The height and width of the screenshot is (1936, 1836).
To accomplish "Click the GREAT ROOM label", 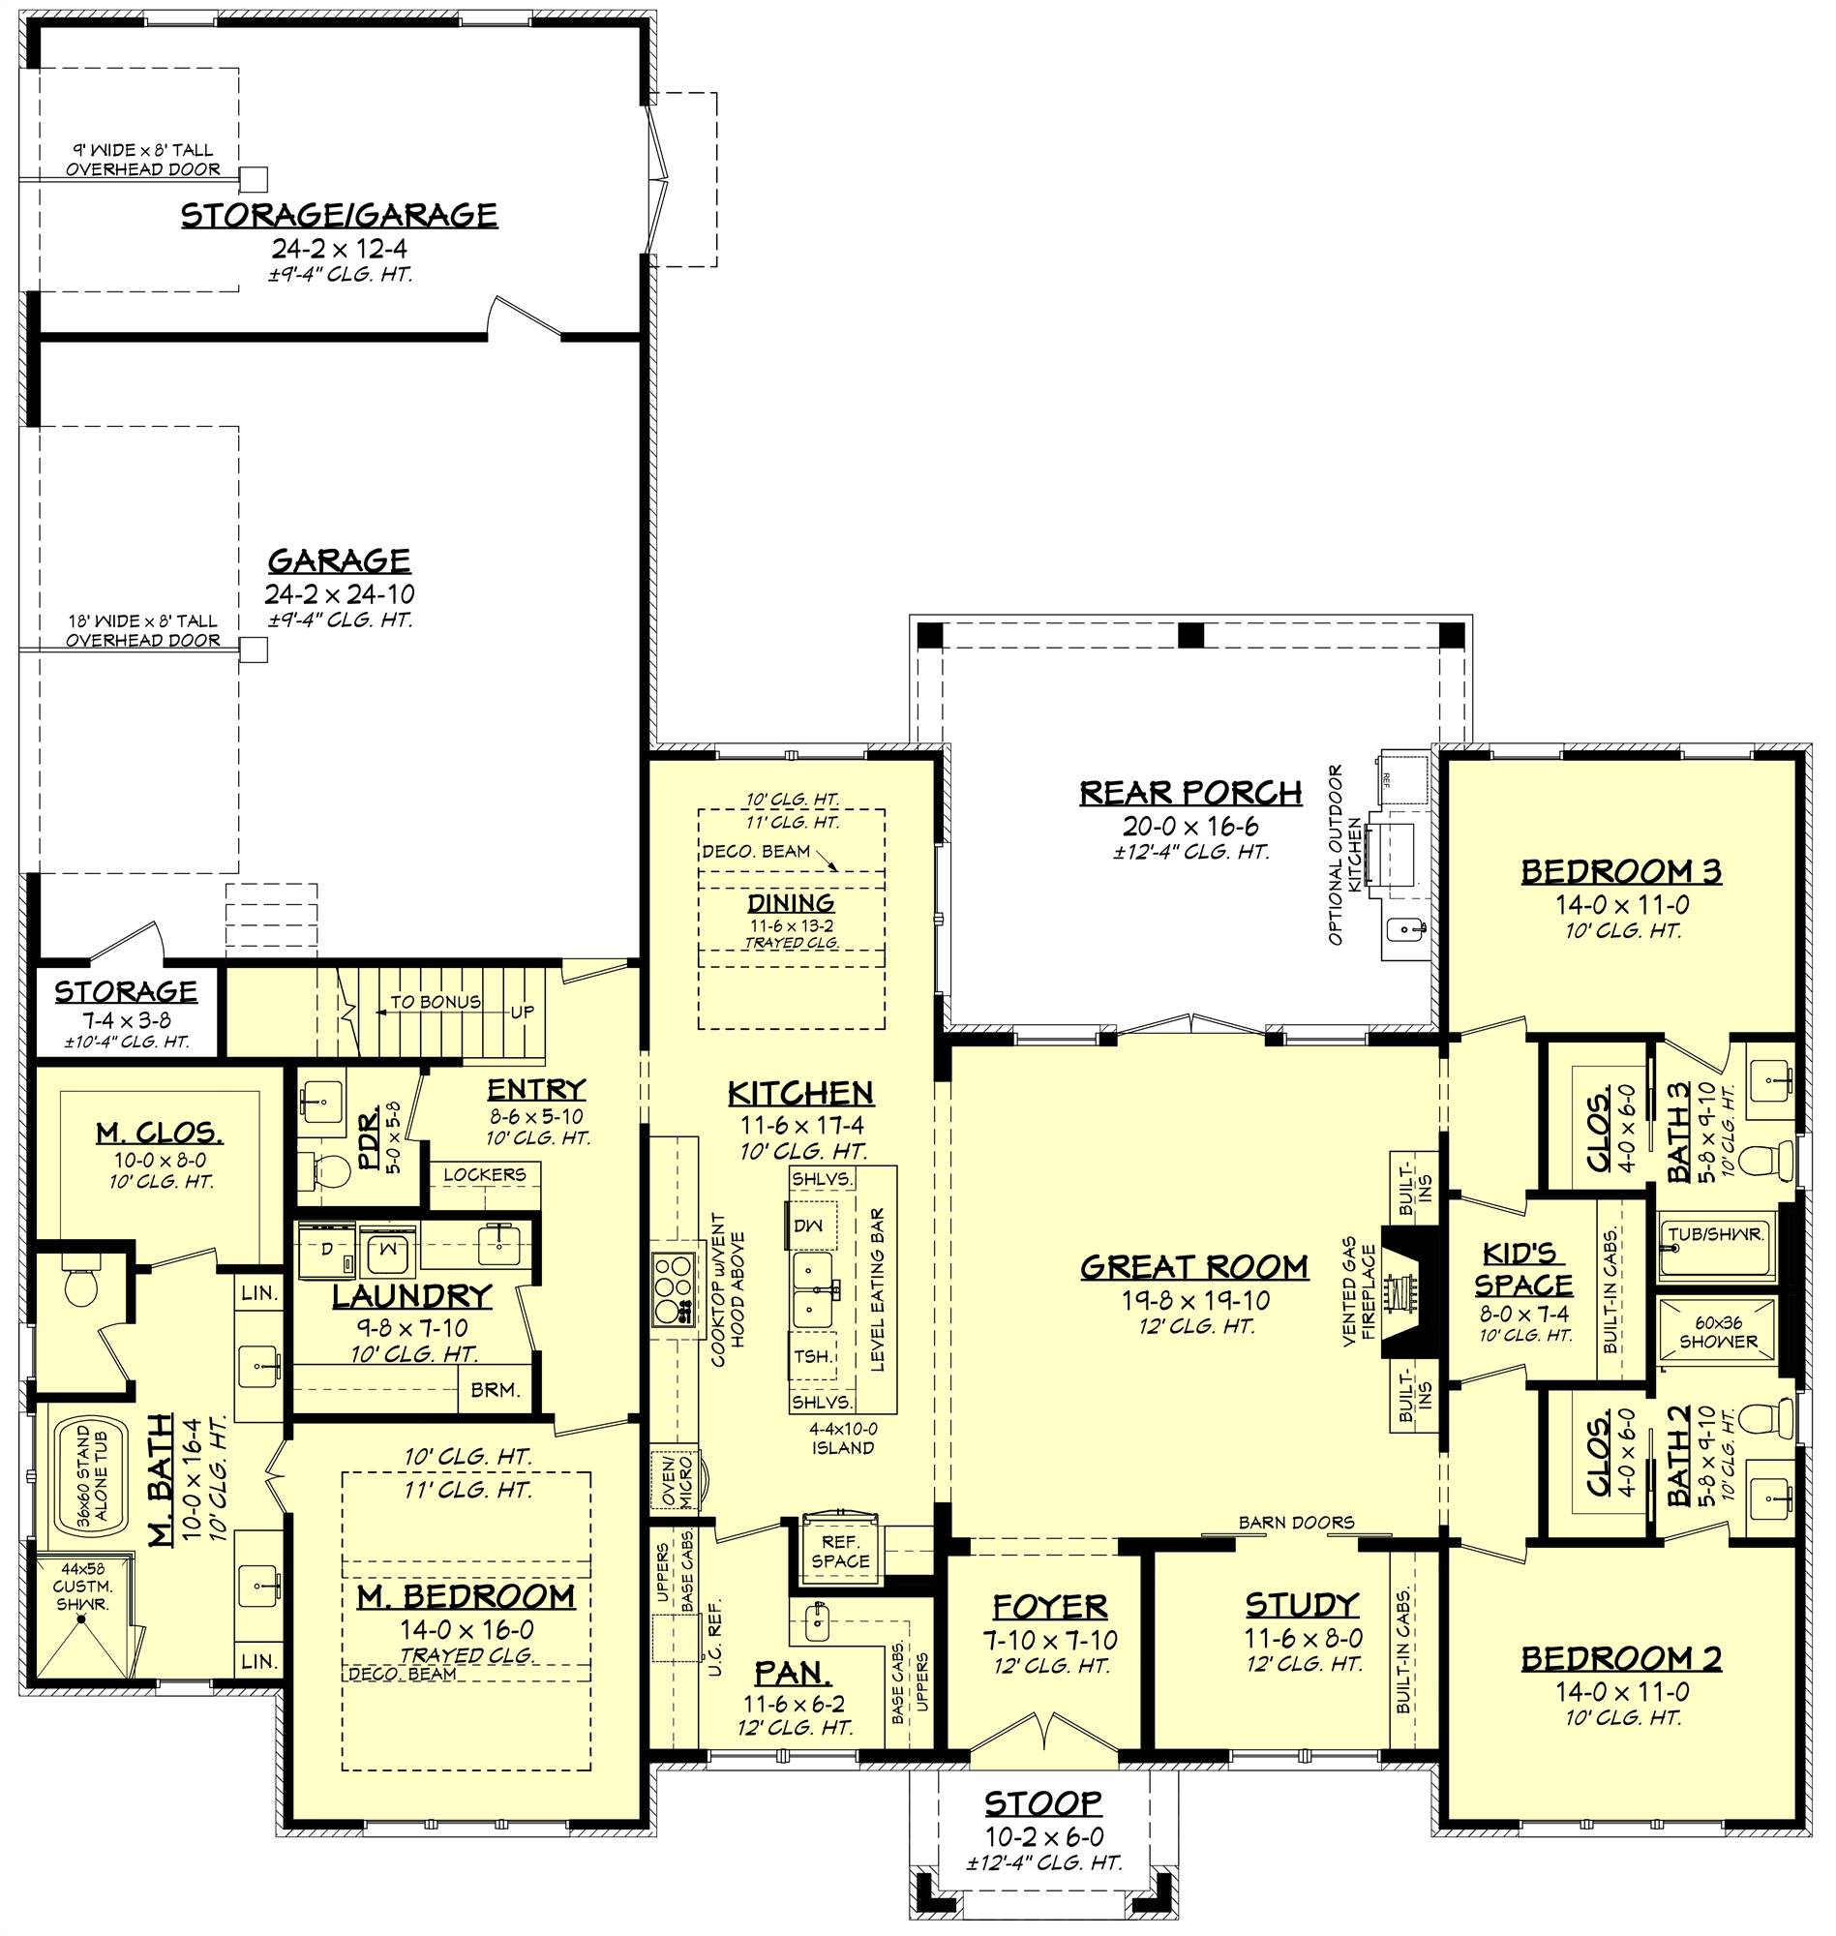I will (1194, 1266).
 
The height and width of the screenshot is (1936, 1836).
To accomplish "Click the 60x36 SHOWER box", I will (1719, 1331).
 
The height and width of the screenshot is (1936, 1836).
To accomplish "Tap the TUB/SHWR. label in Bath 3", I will (1718, 1233).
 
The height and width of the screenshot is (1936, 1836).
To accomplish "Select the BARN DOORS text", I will (1296, 1522).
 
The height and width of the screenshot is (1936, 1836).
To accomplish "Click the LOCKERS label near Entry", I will (485, 1174).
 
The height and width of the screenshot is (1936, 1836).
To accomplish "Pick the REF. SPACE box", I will (840, 1552).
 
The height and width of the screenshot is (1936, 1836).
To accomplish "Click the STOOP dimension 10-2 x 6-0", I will (1043, 1838).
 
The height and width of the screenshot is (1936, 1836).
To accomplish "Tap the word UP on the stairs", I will (523, 1013).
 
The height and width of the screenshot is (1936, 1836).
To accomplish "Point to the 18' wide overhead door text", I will (142, 630).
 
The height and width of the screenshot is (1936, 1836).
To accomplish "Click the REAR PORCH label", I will (1191, 792).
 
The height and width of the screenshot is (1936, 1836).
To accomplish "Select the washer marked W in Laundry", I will (386, 1249).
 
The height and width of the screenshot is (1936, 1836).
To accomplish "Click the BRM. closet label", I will (495, 1390).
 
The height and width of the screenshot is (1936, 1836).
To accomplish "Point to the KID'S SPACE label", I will (1523, 1268).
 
